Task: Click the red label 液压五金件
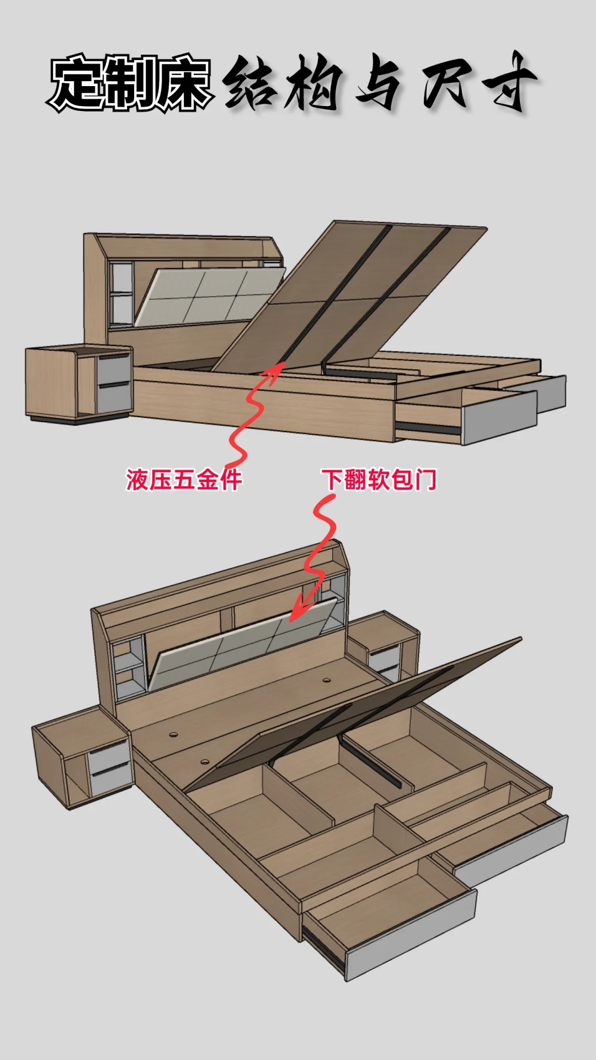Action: (184, 479)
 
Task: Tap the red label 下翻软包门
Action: (380, 479)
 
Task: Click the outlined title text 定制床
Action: (130, 83)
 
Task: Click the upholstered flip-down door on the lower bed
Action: (243, 646)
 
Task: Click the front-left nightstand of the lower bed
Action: (83, 759)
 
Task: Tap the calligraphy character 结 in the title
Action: (251, 83)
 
